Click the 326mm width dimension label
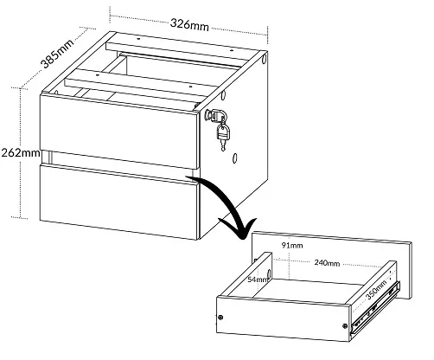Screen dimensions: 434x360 [x=189, y=24]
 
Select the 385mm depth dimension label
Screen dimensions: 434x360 [x=56, y=54]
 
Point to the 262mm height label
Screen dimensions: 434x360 [x=21, y=152]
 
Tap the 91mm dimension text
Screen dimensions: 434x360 [x=292, y=245]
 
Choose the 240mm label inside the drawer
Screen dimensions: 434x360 [x=327, y=263]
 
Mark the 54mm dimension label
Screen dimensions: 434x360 [x=258, y=280]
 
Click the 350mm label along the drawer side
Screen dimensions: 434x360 [x=376, y=290]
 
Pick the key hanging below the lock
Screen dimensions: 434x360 [x=223, y=136]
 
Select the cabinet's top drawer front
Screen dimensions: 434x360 [x=119, y=132]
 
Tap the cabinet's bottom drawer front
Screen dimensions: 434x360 [x=118, y=201]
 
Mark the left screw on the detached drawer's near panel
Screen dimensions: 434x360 [x=220, y=318]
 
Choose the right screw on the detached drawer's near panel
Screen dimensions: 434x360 [x=345, y=326]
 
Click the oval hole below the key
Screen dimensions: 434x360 [x=235, y=158]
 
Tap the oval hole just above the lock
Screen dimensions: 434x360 [x=223, y=95]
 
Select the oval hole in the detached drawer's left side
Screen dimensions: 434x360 [x=269, y=273]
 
